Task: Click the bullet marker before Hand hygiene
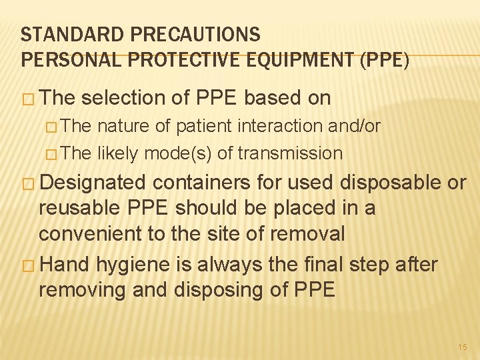point(28,265)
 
